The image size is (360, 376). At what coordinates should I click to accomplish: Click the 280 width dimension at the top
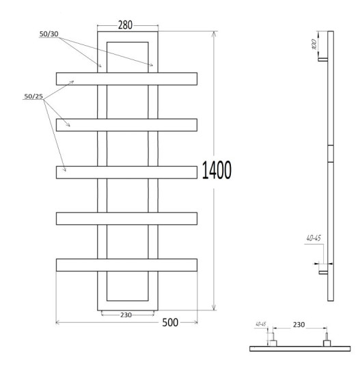click(125, 25)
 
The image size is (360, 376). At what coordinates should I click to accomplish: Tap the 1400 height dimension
click(217, 170)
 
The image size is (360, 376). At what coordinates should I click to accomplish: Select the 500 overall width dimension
click(170, 323)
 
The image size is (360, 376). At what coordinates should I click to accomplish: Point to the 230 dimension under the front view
click(126, 315)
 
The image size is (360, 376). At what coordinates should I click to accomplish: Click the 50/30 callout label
click(49, 34)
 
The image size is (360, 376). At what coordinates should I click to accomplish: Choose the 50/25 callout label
click(33, 96)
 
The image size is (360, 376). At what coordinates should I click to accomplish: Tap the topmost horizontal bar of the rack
click(127, 79)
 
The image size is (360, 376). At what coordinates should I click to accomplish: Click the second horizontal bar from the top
click(127, 125)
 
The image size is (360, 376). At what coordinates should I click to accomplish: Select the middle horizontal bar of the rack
click(127, 172)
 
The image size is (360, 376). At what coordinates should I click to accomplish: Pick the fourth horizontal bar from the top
click(127, 219)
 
